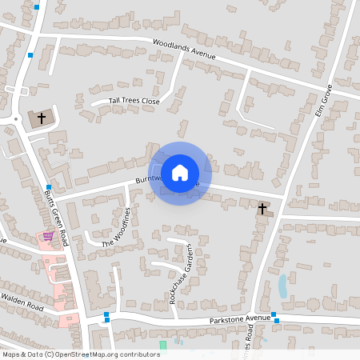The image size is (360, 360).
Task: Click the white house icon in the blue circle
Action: pyautogui.click(x=180, y=173)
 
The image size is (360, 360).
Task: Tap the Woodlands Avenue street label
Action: pyautogui.click(x=186, y=50)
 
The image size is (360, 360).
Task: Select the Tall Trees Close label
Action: pyautogui.click(x=135, y=102)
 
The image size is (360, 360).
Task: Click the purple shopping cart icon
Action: pyautogui.click(x=48, y=237)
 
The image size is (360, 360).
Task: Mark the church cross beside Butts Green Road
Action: pyautogui.click(x=42, y=118)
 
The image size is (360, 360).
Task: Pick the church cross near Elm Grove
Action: pyautogui.click(x=262, y=209)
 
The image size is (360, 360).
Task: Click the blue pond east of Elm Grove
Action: pyautogui.click(x=282, y=286)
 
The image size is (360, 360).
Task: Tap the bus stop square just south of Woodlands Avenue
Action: pyautogui.click(x=30, y=55)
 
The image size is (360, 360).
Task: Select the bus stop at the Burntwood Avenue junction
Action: pyautogui.click(x=48, y=187)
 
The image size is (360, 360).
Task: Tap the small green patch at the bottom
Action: pyautogui.click(x=163, y=345)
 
